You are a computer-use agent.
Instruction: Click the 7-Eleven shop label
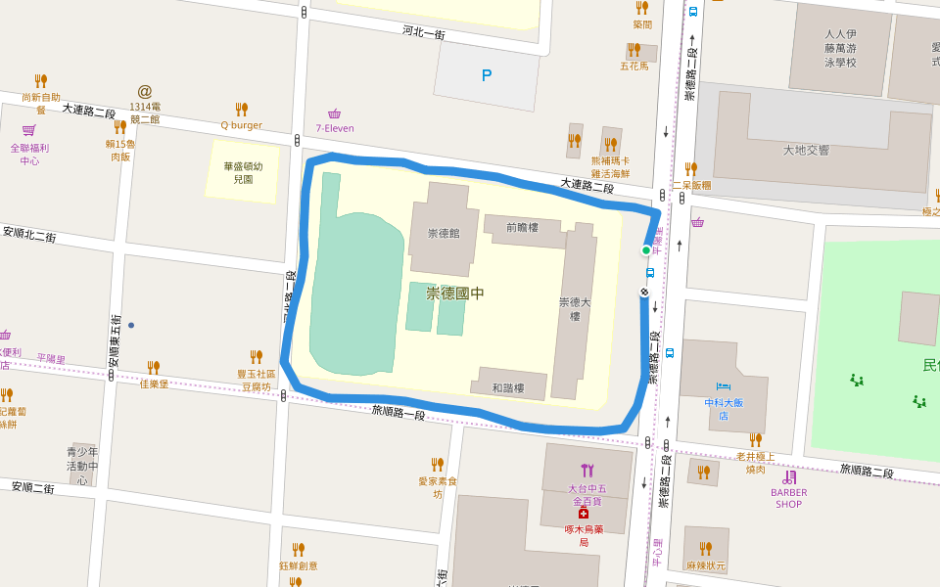click(335, 128)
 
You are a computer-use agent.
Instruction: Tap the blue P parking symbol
click(487, 75)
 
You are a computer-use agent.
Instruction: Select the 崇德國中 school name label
click(455, 293)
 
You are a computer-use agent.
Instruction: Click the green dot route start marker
click(646, 250)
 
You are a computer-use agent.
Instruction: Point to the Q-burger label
click(241, 125)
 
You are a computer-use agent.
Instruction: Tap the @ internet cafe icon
click(145, 91)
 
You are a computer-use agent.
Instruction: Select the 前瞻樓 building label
click(523, 227)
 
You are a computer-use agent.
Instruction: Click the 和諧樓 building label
click(508, 387)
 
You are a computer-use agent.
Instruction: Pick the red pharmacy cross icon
click(584, 513)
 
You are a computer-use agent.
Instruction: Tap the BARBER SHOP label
click(788, 498)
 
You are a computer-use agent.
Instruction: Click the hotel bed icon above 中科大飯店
click(724, 386)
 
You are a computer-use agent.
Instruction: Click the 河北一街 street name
click(424, 32)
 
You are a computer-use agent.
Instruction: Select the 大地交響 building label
click(806, 150)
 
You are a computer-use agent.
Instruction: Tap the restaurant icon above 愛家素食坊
click(438, 464)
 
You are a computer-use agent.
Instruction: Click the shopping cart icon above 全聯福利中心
click(29, 131)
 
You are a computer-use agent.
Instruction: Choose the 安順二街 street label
click(33, 487)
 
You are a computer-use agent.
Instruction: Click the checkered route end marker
click(646, 292)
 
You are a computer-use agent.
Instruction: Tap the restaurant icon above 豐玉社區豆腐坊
click(257, 357)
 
